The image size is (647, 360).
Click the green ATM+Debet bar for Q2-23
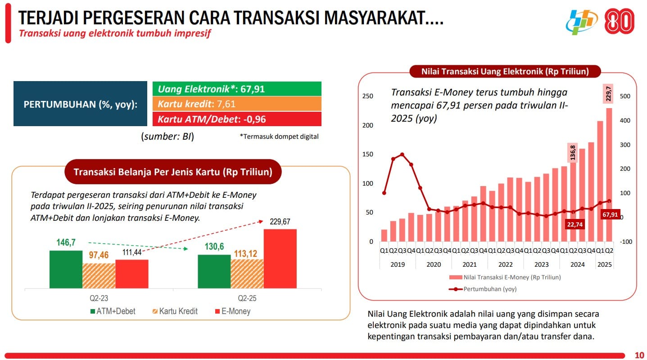click(66, 269)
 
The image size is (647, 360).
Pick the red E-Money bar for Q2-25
click(280, 258)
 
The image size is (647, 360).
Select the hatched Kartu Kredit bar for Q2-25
click(247, 273)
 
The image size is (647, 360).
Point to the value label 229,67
click(280, 222)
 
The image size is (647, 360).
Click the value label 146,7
click(66, 242)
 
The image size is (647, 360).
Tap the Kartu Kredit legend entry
click(176, 311)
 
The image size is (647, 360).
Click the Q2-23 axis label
click(99, 298)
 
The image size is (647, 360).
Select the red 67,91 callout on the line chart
click(610, 214)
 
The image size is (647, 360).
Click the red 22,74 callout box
click(574, 224)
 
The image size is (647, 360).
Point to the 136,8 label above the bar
click(573, 153)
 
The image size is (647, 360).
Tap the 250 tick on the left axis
click(368, 96)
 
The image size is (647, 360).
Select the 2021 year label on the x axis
click(469, 264)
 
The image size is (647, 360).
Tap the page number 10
click(639, 354)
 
